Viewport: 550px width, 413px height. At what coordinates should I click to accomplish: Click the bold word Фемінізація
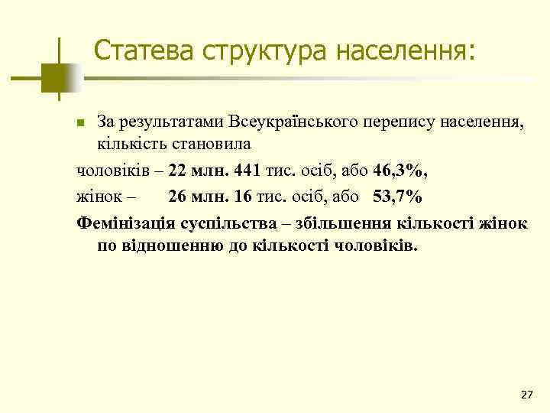tap(126, 223)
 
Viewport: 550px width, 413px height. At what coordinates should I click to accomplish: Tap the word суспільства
tap(230, 223)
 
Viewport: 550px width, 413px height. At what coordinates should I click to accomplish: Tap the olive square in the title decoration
tap(55, 76)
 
